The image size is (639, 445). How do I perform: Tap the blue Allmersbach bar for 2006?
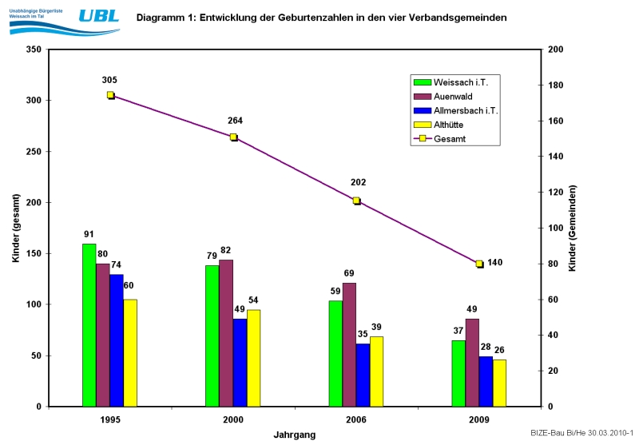click(363, 375)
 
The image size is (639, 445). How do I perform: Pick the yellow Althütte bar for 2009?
click(499, 383)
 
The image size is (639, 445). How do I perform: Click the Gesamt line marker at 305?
click(111, 95)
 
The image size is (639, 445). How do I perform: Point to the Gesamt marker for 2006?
click(357, 201)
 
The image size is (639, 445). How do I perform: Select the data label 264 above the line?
click(235, 121)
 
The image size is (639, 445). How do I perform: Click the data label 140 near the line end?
click(495, 263)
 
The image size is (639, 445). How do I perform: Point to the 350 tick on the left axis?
click(34, 50)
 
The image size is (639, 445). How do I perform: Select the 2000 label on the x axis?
click(233, 419)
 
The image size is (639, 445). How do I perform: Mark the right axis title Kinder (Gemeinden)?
click(573, 228)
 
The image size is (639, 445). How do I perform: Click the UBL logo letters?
click(100, 16)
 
